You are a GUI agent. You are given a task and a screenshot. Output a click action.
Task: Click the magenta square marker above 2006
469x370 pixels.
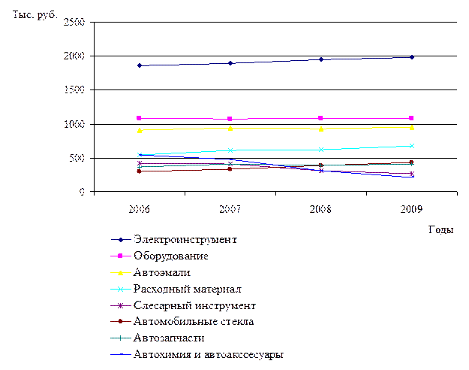tap(139, 118)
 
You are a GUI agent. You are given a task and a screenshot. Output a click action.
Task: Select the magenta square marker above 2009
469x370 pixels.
tap(412, 118)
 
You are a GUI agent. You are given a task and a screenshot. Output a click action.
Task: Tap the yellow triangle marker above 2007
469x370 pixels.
tap(230, 129)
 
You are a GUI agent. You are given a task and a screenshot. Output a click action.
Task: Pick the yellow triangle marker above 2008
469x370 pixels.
tap(321, 129)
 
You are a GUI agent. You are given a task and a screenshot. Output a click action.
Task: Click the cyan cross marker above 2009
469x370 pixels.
tap(412, 146)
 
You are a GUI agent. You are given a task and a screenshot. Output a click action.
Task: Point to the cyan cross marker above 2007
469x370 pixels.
tap(230, 150)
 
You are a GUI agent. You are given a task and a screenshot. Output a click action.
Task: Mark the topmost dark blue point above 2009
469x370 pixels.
tap(412, 57)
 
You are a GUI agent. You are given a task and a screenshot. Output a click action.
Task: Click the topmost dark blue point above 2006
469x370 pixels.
tap(139, 65)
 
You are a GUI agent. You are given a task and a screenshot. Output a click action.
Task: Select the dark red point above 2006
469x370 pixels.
tap(139, 171)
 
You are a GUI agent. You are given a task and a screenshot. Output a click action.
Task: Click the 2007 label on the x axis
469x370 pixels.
tap(230, 208)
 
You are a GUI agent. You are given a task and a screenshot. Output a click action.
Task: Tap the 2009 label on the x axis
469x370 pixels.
tap(412, 208)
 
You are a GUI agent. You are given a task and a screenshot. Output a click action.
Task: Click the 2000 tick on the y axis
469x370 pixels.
tap(74, 56)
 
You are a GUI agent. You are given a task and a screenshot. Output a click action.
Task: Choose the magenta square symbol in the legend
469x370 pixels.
tap(120, 256)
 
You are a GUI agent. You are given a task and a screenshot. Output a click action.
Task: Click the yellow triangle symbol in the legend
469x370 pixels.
tap(120, 272)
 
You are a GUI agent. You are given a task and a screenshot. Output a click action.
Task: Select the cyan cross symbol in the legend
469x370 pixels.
tap(120, 289)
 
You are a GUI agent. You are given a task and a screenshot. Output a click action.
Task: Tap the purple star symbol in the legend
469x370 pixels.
tap(120, 305)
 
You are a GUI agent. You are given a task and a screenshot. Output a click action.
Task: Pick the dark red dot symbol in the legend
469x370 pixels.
tap(120, 322)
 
